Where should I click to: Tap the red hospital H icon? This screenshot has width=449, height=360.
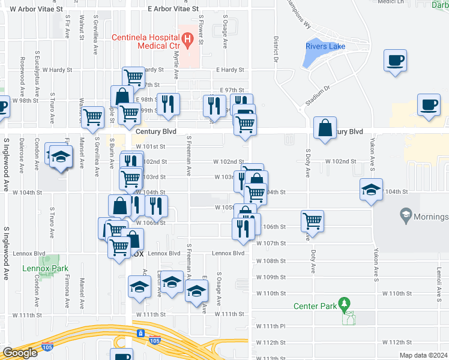click(188, 41)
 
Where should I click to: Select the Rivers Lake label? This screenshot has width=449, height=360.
click(325, 46)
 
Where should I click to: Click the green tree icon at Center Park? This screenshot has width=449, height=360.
click(343, 305)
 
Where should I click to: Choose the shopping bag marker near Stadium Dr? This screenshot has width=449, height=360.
click(325, 128)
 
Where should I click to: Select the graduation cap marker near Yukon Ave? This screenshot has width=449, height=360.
click(372, 190)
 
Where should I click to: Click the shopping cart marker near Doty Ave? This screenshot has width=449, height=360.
click(313, 221)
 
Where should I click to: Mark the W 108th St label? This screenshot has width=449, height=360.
click(271, 261)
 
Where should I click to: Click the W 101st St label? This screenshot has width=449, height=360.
click(150, 146)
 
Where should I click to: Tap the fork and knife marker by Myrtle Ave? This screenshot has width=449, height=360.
click(169, 104)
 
